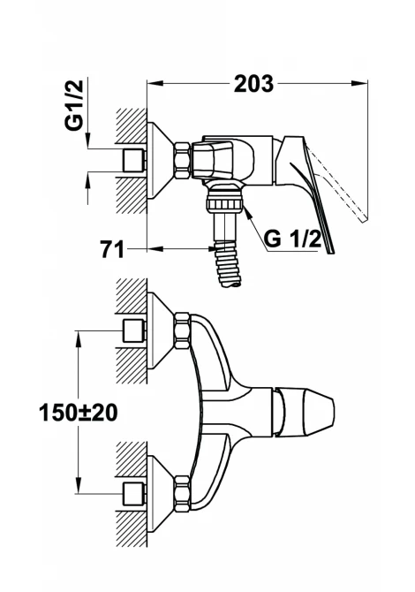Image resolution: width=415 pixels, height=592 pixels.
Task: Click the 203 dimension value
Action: coord(253,83)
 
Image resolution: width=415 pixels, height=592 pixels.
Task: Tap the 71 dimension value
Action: coord(112,249)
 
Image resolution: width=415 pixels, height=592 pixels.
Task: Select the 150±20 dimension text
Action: coord(78,413)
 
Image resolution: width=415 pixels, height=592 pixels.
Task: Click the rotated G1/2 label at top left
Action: coord(74,105)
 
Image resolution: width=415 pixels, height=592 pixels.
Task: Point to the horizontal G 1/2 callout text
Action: coord(293,239)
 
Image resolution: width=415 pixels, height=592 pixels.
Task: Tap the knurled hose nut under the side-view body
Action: coord(224,205)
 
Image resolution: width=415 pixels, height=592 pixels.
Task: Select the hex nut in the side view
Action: coord(182,160)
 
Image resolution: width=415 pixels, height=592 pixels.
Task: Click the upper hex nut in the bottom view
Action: coord(182,330)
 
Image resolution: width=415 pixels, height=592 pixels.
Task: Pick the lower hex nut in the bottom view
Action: coord(182,495)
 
